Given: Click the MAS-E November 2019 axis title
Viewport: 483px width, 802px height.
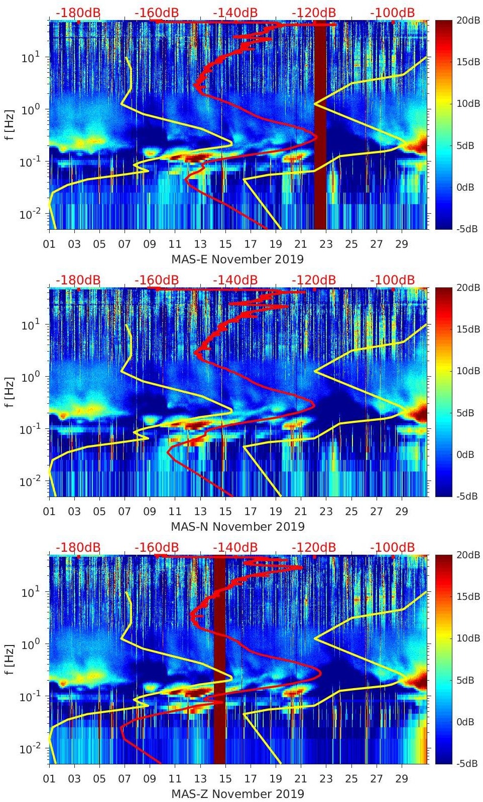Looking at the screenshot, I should click(237, 259).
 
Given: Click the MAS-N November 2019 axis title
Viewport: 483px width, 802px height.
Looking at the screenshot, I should click(237, 527).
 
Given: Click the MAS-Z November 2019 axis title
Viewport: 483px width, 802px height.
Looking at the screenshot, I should click(237, 794).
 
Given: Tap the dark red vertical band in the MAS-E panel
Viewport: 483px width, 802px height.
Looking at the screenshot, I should click(320, 125).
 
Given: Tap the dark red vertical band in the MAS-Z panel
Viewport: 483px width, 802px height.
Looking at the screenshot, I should click(219, 662).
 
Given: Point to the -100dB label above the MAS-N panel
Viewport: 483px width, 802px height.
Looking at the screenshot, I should click(393, 280).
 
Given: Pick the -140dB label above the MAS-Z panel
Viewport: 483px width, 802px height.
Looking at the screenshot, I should click(235, 547).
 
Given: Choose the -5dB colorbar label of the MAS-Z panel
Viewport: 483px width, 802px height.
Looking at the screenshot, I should click(465, 763).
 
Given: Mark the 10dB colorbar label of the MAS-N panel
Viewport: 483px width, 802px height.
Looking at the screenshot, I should click(466, 371).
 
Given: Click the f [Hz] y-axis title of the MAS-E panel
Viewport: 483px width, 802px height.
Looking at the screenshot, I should click(10, 125).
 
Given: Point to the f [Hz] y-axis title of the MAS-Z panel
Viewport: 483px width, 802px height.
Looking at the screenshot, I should click(10, 660).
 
